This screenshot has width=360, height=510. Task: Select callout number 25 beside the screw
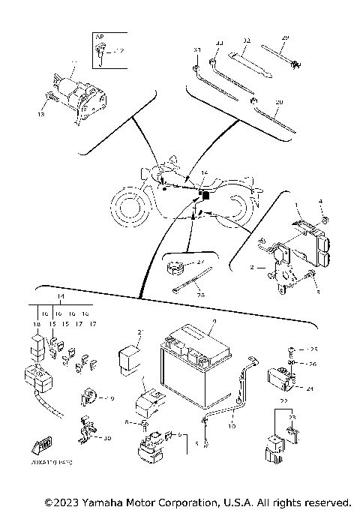tap(313, 350)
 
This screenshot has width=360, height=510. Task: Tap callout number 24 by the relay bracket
tap(309, 388)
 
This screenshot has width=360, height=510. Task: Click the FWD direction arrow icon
tap(37, 449)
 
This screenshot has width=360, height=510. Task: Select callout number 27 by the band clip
tap(201, 261)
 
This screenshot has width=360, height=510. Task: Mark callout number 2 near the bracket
tap(252, 266)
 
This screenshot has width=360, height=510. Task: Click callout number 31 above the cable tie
tap(197, 49)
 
